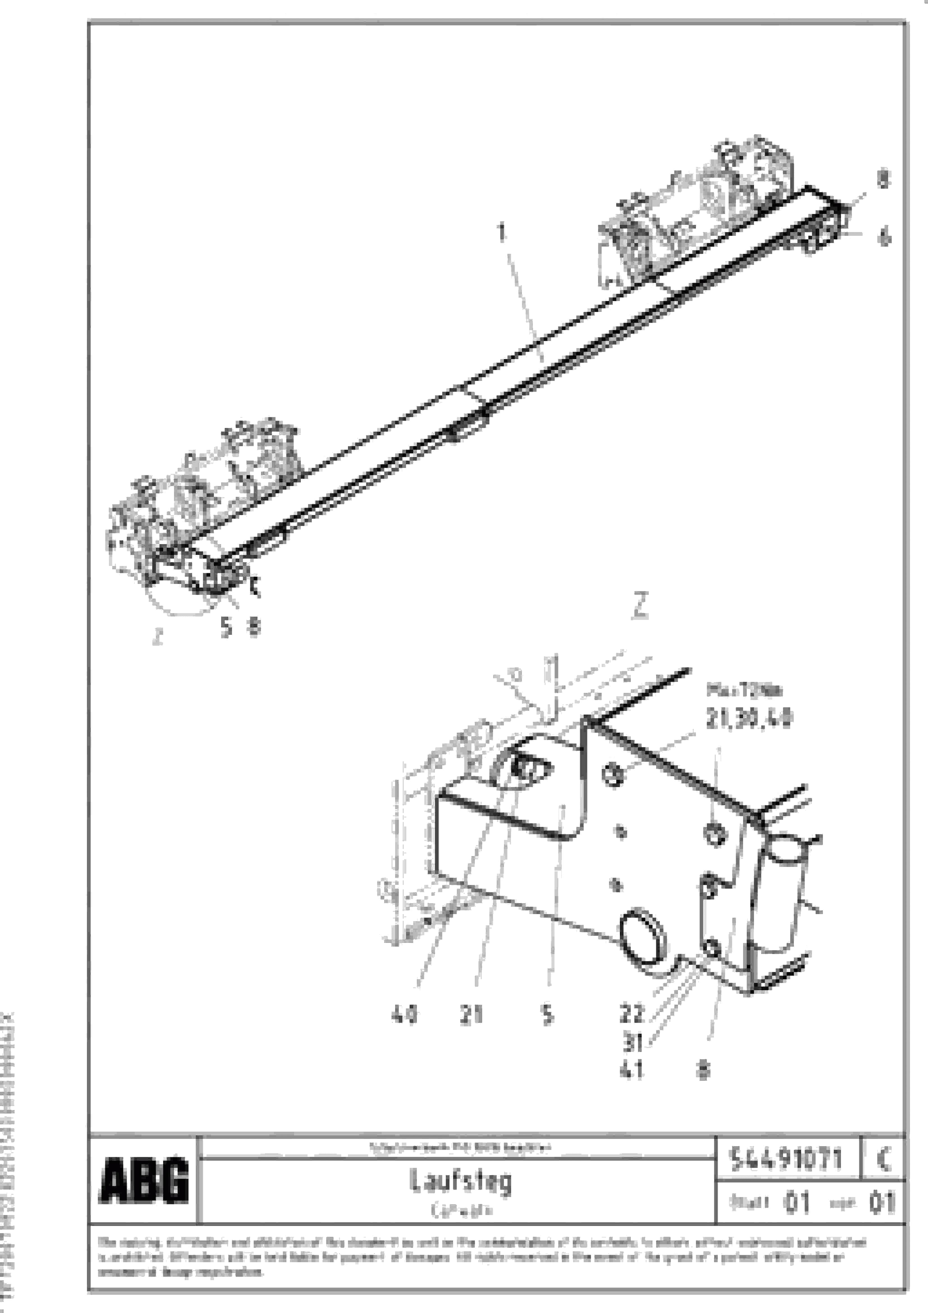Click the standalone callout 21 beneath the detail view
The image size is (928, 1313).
point(471,1015)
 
